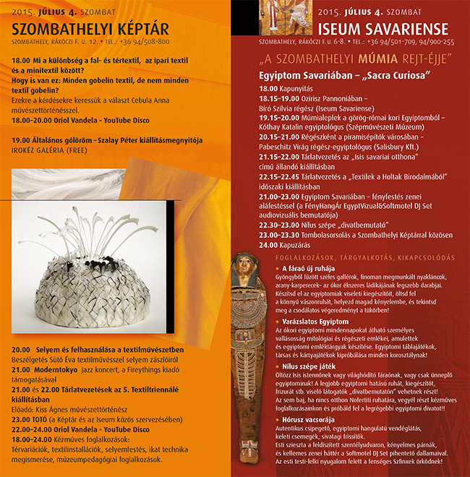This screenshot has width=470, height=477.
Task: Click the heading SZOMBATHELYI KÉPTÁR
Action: pos(90,30)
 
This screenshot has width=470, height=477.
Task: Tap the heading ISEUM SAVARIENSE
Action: pos(383,30)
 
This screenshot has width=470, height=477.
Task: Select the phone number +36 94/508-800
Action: pos(145,43)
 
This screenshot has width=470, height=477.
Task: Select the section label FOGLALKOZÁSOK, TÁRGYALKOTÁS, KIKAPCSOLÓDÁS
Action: pos(364,257)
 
